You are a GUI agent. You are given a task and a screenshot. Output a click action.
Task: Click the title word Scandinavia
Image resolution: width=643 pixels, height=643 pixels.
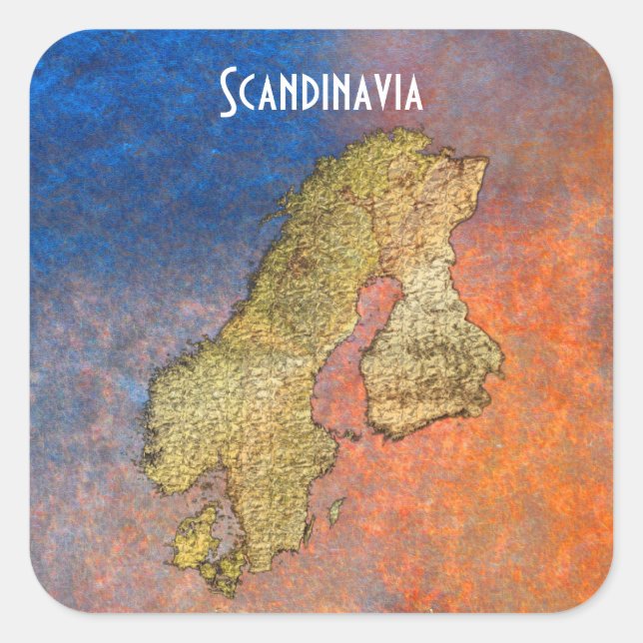pyautogui.click(x=321, y=93)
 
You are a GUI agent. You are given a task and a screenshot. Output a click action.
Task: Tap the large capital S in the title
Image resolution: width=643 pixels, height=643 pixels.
pyautogui.click(x=229, y=93)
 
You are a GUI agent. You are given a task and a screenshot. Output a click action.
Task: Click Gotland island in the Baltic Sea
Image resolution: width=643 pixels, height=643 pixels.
pyautogui.click(x=336, y=511)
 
